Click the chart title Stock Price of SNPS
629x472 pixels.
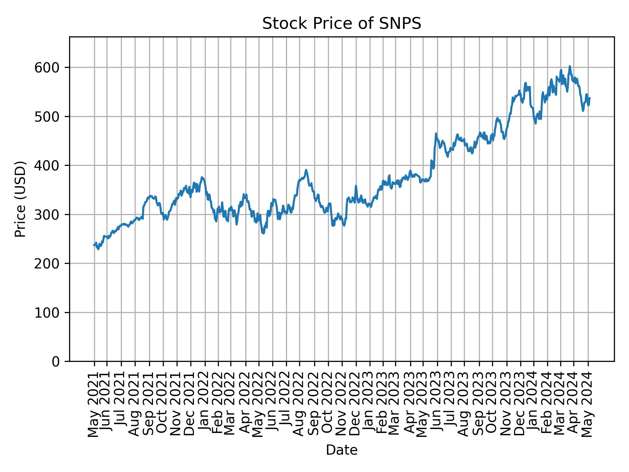point(341,24)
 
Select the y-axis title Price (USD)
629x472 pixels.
point(20,199)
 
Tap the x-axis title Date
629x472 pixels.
point(341,450)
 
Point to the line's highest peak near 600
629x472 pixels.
point(570,67)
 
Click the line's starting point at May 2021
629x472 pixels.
point(94,245)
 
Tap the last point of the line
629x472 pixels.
point(590,98)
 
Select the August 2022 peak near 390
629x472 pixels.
point(306,170)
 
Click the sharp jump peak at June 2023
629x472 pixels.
point(436,134)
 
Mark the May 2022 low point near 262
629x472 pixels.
point(263,233)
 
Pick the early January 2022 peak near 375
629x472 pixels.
point(202,178)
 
